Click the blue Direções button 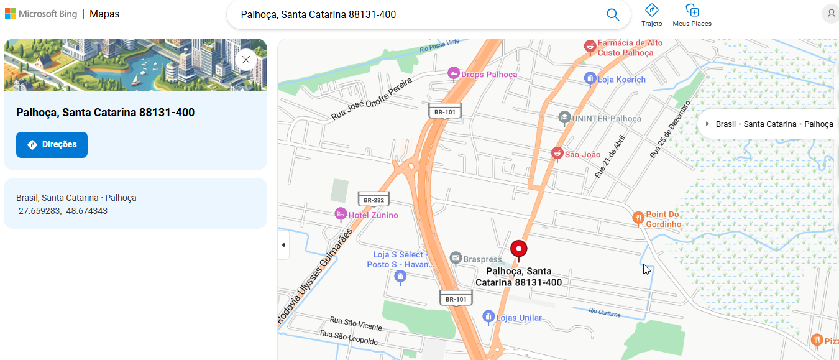52,145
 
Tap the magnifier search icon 613,15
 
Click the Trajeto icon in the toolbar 651,11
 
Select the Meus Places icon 692,11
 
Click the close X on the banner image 246,60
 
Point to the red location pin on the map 518,249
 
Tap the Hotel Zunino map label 373,215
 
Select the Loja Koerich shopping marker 590,79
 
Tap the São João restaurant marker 557,154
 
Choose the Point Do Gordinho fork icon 638,218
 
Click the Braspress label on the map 482,259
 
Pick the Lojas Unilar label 519,318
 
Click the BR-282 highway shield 374,200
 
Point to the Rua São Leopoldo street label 349,338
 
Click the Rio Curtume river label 604,313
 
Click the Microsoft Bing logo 41,14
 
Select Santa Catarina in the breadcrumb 769,124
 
